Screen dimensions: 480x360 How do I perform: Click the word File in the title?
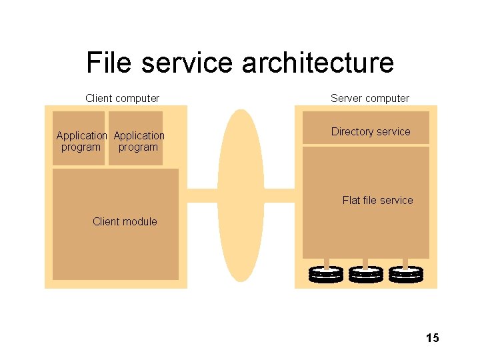tap(109, 62)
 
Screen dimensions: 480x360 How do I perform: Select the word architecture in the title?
tap(317, 62)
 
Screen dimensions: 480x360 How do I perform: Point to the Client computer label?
tap(122, 98)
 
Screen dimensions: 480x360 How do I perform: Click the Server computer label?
tap(370, 98)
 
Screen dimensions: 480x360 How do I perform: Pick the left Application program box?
tap(79, 138)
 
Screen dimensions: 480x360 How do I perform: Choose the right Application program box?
tap(135, 138)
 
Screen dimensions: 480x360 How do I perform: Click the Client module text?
tap(125, 221)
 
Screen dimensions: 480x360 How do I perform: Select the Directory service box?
tap(366, 127)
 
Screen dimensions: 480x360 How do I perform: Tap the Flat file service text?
tap(378, 200)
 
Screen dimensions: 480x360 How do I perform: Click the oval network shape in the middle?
tap(241, 195)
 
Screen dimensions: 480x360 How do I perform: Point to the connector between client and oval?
tap(203, 195)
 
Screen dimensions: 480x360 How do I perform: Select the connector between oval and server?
tap(279, 195)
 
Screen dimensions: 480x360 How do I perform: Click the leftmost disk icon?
tap(326, 274)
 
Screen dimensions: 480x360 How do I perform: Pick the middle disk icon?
tap(366, 274)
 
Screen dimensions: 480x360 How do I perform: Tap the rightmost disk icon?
tap(406, 274)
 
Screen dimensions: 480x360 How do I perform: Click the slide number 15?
tap(433, 337)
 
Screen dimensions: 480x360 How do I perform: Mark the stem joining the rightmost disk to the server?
tap(405, 264)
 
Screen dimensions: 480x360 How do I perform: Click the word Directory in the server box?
tap(353, 131)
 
